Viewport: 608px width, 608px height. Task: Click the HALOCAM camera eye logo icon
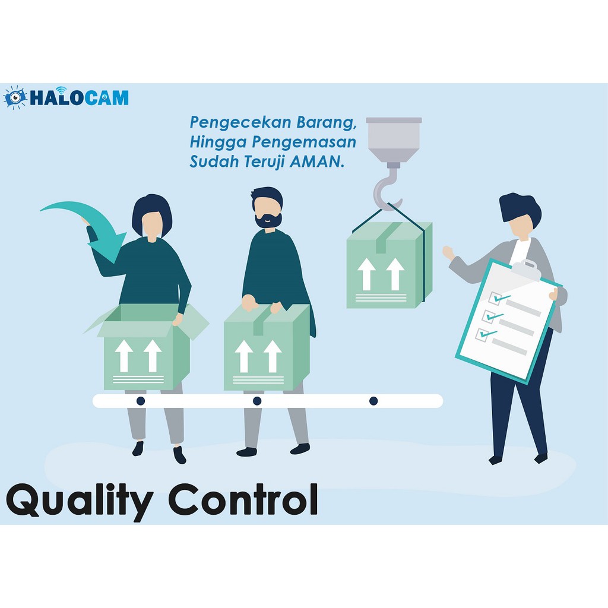[15, 97]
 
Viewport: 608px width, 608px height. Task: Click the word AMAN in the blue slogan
[316, 161]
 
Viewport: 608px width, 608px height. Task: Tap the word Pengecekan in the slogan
[240, 122]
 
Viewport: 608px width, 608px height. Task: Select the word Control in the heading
[243, 499]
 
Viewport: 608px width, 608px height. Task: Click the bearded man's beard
[268, 220]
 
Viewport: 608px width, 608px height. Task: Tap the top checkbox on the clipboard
[495, 298]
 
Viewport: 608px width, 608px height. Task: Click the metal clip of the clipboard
[526, 268]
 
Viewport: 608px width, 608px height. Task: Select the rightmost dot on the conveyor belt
[373, 401]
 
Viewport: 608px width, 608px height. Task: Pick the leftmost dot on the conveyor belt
[141, 401]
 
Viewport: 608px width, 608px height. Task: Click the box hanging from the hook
[389, 265]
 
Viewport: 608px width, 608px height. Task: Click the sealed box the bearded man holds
[267, 347]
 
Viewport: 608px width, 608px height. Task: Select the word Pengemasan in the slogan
[304, 142]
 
